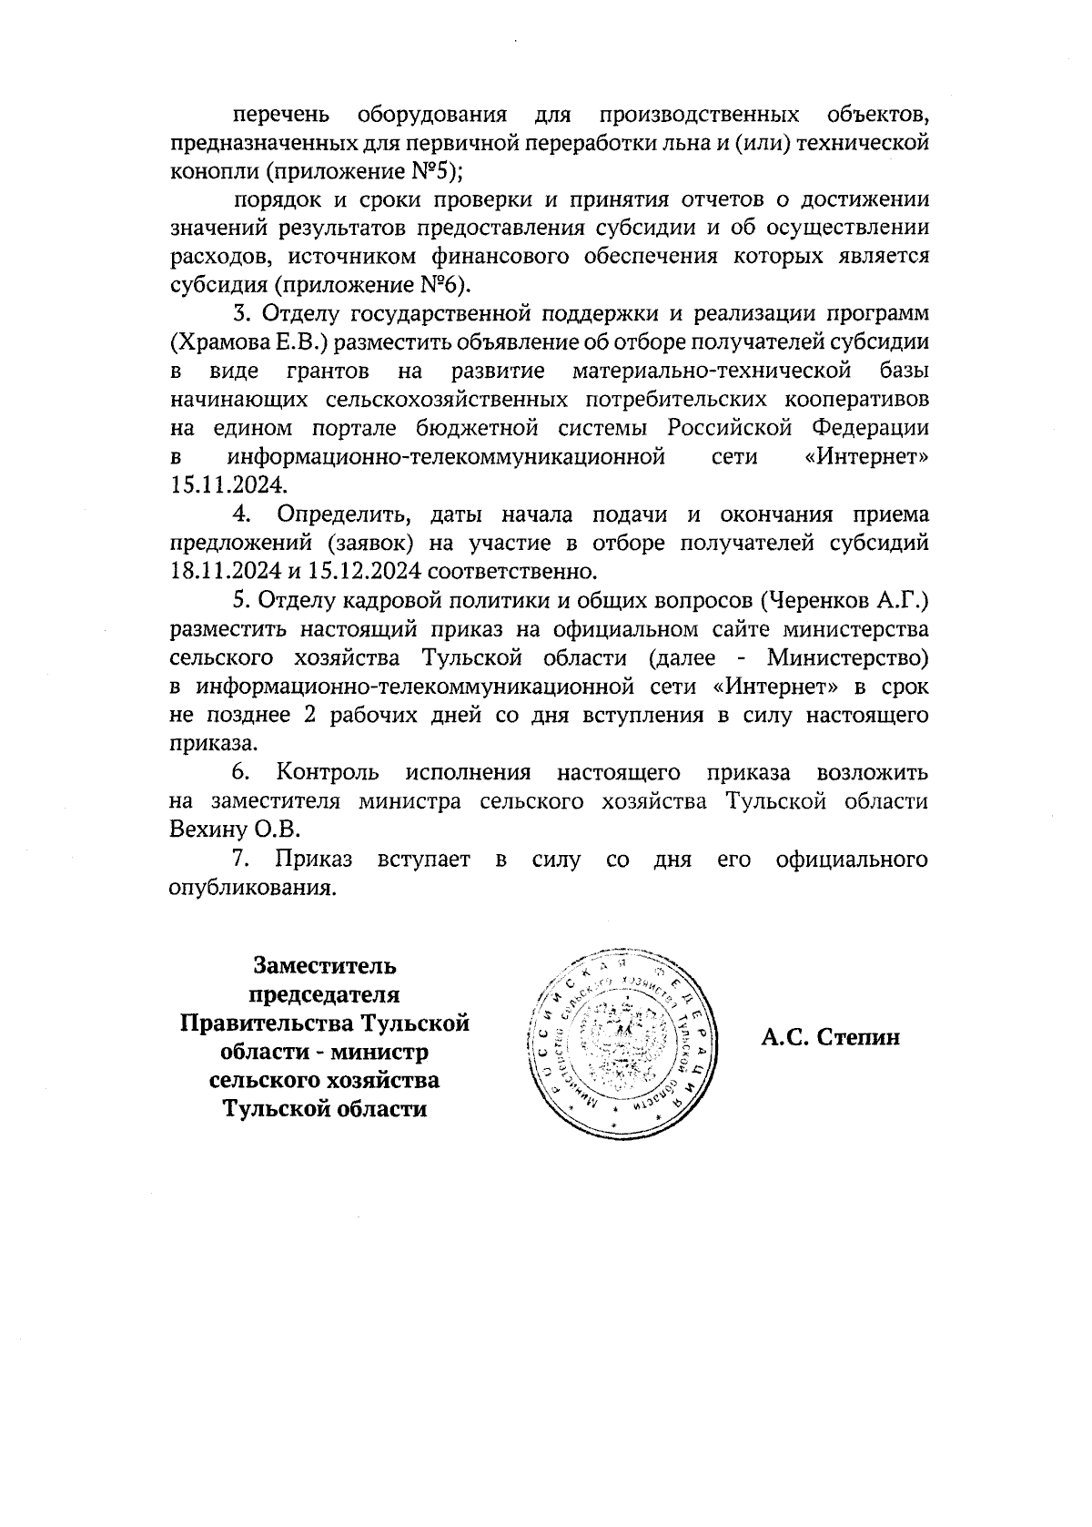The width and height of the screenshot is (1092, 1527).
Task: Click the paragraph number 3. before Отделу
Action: click(242, 315)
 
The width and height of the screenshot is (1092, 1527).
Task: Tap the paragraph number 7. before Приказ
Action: click(241, 859)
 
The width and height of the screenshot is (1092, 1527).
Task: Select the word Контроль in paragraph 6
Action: click(328, 772)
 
